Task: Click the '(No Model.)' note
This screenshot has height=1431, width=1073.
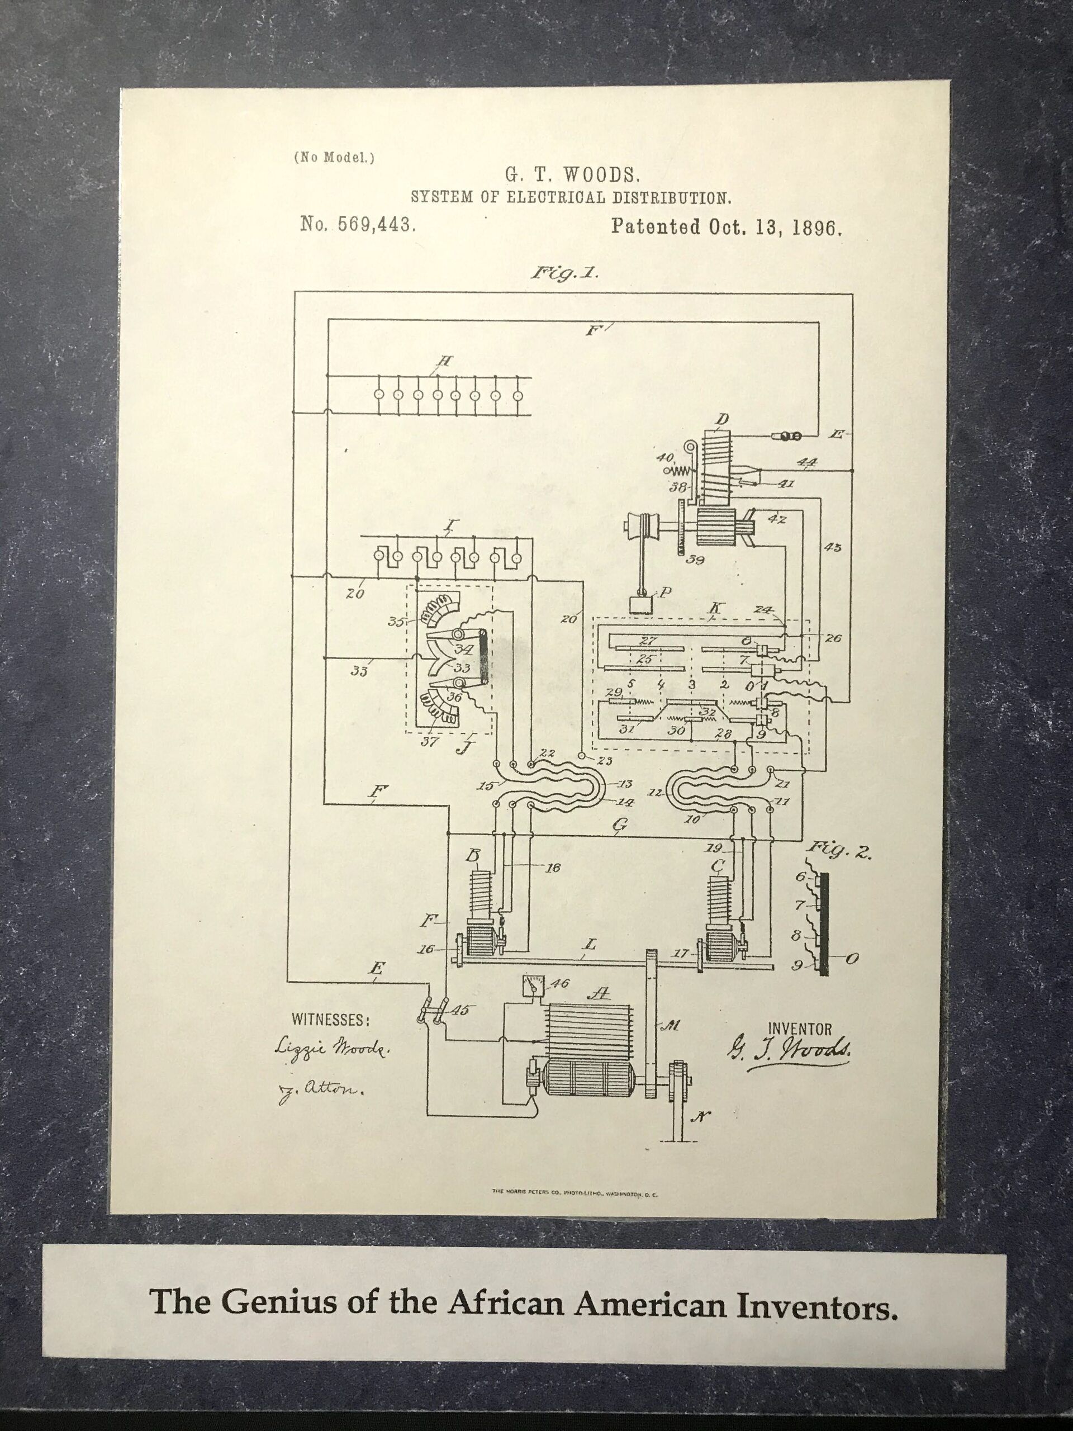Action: [334, 157]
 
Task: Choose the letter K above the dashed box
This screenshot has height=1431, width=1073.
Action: [715, 608]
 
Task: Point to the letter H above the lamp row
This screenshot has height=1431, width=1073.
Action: [444, 362]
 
